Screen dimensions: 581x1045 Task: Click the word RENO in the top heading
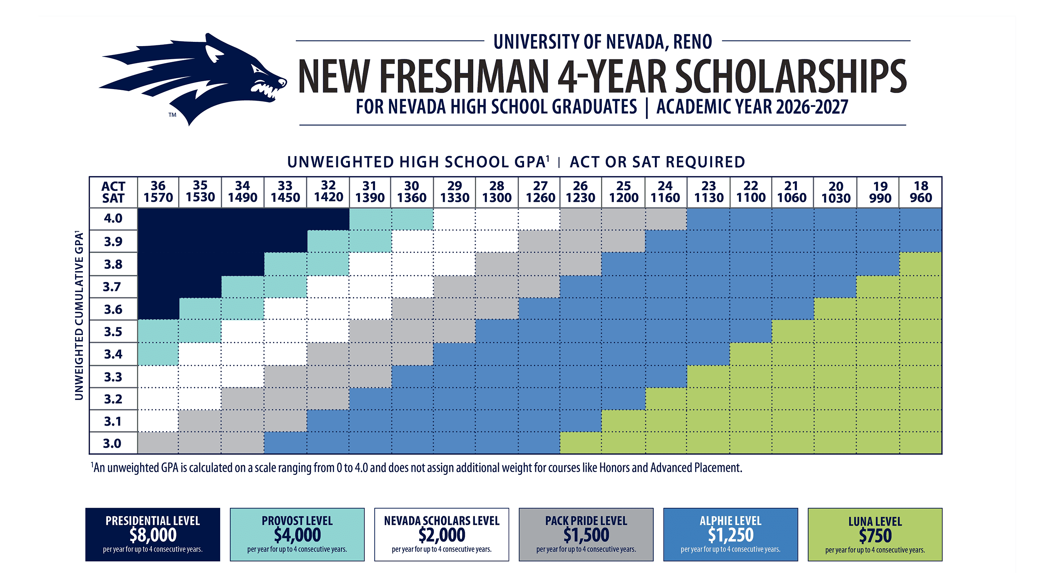click(x=692, y=42)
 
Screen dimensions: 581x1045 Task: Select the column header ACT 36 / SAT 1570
click(x=158, y=192)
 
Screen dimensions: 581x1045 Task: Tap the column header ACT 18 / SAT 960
click(x=921, y=192)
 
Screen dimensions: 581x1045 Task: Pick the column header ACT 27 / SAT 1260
click(x=540, y=192)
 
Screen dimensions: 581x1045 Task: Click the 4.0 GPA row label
click(x=113, y=218)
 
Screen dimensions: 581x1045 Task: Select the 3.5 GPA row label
click(x=113, y=332)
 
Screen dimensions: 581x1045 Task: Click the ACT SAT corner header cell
click(x=113, y=192)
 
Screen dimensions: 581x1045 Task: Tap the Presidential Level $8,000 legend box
click(x=152, y=534)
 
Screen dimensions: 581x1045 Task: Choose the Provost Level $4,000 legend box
click(x=297, y=534)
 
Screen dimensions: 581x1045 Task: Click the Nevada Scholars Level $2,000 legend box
click(x=441, y=534)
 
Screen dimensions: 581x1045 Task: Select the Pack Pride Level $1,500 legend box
click(x=586, y=534)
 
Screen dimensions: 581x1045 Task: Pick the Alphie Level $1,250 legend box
click(x=730, y=534)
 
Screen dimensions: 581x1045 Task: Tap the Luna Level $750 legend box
click(x=875, y=534)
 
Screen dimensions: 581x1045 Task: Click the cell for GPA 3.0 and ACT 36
click(x=158, y=443)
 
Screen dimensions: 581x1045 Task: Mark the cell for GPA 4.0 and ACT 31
click(x=370, y=219)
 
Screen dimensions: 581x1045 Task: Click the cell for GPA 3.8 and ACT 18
click(x=920, y=264)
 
